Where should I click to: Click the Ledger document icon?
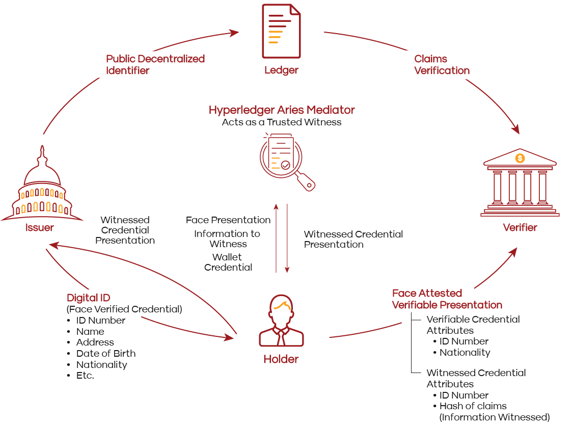click(x=281, y=32)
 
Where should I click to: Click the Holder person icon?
click(x=281, y=324)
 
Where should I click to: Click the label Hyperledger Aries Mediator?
click(x=282, y=110)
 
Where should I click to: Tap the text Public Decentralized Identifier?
click(x=155, y=65)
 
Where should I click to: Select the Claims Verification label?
click(x=442, y=65)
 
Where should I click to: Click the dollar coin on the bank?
click(x=520, y=158)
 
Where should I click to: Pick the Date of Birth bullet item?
click(x=106, y=354)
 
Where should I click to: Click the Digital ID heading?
click(x=89, y=298)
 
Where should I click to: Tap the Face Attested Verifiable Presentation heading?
click(x=447, y=299)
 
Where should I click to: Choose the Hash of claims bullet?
click(x=473, y=406)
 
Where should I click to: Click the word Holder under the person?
click(x=281, y=359)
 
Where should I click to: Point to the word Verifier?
click(x=520, y=227)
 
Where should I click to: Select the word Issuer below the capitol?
click(x=40, y=228)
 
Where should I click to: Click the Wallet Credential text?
click(x=228, y=262)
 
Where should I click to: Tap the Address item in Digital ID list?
click(x=95, y=342)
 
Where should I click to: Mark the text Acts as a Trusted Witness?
click(x=282, y=122)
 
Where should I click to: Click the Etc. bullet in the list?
click(x=85, y=376)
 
